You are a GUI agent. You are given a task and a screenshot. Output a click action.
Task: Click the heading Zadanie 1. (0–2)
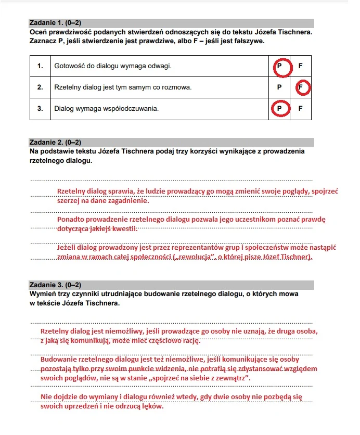tap(56, 23)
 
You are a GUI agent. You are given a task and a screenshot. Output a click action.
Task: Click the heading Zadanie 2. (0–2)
tap(56, 143)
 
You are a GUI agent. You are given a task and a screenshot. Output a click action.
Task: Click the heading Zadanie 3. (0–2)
tap(56, 285)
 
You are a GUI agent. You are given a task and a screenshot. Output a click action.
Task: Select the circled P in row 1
tap(279, 66)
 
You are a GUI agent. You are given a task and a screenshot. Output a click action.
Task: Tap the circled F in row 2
tap(302, 87)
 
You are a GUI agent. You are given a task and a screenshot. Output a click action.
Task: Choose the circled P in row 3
tap(279, 109)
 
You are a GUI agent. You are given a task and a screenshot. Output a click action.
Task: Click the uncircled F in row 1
tap(300, 66)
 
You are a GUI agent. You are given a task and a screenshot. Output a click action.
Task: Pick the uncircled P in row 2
tap(279, 87)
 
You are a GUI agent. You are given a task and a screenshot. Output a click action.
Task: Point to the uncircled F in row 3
tap(300, 109)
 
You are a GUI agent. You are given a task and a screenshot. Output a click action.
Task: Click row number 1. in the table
tap(40, 66)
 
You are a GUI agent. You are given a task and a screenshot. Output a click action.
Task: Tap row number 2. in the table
tap(40, 87)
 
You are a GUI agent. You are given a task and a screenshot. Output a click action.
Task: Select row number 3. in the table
tap(40, 109)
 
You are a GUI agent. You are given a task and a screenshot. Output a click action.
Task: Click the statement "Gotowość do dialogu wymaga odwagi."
tap(113, 66)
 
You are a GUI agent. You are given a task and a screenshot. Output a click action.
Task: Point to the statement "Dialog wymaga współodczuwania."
tap(106, 109)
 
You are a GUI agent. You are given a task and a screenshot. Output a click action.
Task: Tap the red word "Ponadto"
tap(71, 220)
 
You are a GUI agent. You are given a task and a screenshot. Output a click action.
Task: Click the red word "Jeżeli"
tap(67, 248)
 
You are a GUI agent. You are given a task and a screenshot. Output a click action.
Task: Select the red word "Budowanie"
tap(58, 359)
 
